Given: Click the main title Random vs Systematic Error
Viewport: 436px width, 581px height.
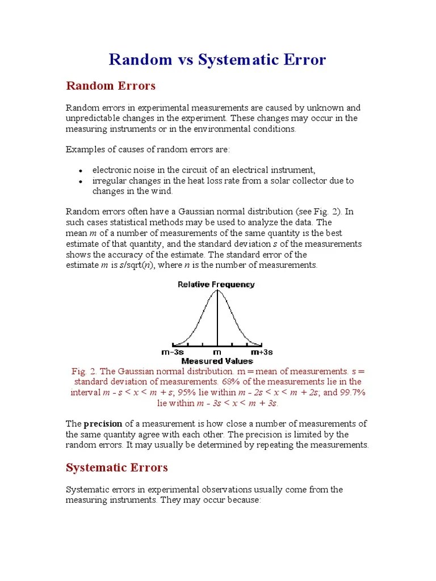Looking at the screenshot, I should coord(217,60).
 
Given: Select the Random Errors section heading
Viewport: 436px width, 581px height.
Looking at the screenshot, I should coord(111,86).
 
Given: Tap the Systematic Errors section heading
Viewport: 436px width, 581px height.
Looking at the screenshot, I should coord(117,468).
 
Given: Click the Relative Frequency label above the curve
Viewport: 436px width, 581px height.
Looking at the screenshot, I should coord(216,284).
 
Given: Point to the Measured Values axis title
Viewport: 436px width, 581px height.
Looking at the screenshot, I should coord(217,361).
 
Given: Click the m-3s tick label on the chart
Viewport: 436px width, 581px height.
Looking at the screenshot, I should coord(172,352).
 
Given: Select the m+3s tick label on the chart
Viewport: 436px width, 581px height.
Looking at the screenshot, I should coord(262,352).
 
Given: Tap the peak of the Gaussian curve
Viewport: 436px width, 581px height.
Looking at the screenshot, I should coord(217,291).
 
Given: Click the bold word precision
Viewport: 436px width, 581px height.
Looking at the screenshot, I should coord(103,423).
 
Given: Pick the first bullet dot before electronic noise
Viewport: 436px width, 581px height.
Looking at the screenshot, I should coord(81,171).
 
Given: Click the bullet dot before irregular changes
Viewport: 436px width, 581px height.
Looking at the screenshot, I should coord(81,182).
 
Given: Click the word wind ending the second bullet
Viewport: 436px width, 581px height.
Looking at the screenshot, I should coord(162,191).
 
